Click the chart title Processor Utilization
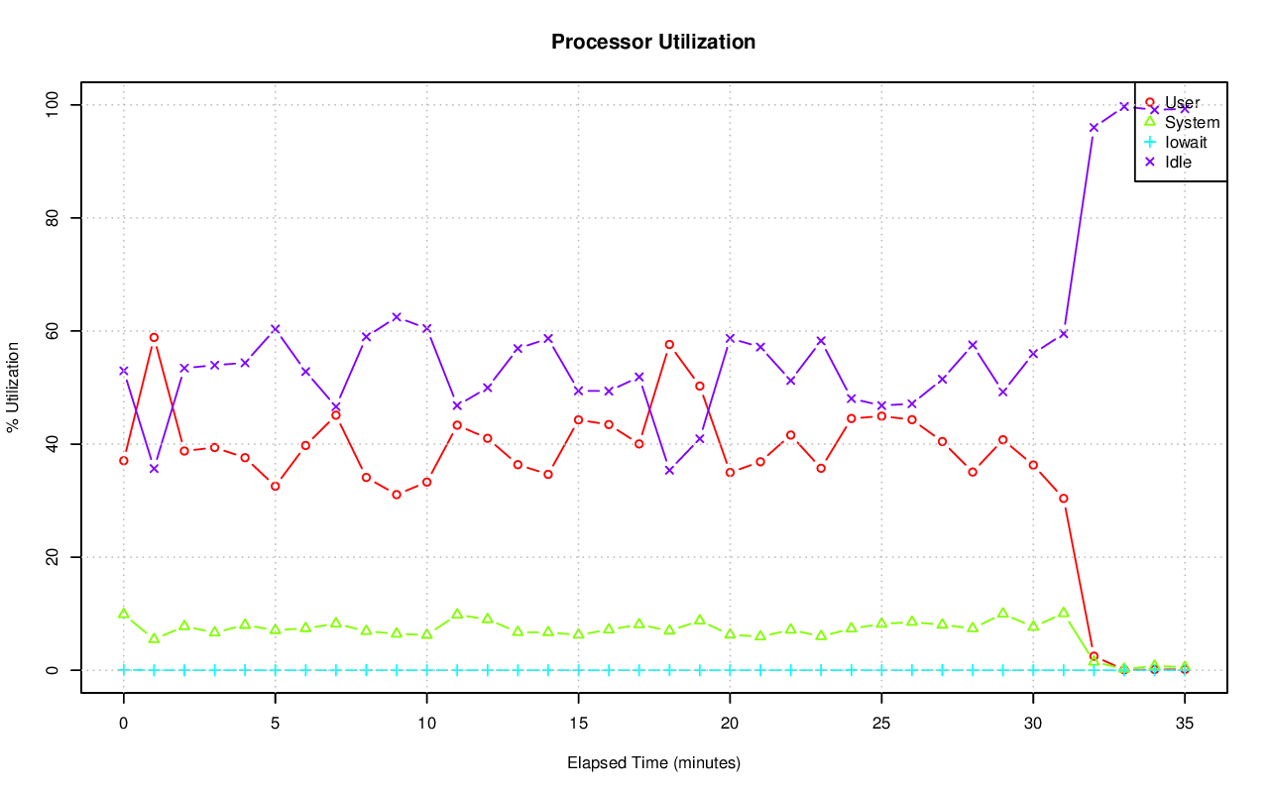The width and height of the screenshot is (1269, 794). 653,42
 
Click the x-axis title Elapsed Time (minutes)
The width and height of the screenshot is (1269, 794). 653,763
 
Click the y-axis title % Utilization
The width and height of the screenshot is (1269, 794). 13,387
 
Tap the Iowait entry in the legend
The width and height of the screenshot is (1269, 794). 1186,142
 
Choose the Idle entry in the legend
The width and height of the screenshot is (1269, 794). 1178,162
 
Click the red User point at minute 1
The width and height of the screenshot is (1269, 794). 154,337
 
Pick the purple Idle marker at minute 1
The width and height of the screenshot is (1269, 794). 154,468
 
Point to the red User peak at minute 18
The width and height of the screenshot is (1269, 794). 669,344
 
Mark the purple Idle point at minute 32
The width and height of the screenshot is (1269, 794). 1094,127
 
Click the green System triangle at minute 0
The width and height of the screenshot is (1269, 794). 124,614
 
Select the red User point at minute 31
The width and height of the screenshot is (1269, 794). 1064,498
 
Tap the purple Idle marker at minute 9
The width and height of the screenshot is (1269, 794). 397,317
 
